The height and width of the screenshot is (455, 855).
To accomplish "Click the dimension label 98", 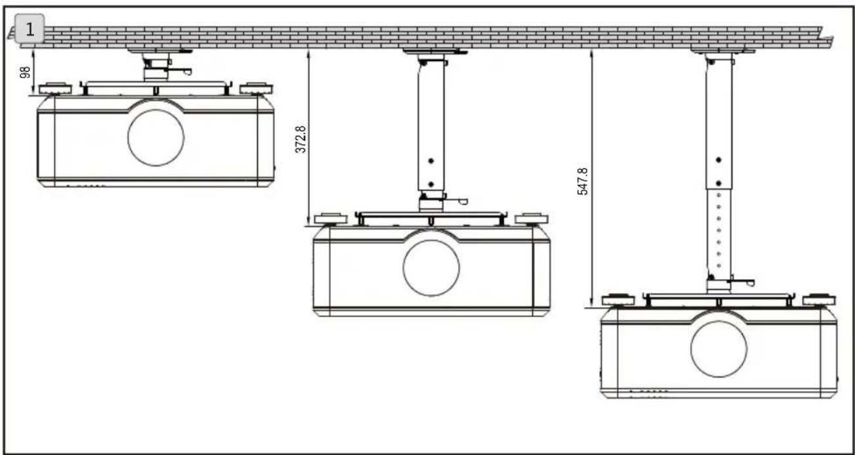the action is (25, 72).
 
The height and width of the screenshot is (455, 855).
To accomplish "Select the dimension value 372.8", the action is (301, 139).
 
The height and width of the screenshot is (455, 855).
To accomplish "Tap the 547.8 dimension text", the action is (583, 181).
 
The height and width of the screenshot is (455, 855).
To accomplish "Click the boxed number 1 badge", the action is (30, 29).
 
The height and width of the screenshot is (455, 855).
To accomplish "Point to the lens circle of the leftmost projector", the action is (156, 137).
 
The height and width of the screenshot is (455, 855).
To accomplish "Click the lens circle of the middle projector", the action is (431, 268).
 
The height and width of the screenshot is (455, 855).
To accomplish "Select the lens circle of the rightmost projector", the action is (719, 349).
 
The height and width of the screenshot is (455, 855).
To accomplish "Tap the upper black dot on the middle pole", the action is (431, 161).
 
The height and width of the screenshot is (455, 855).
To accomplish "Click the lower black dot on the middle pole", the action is (431, 184).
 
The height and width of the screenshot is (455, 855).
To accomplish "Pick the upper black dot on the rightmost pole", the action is (719, 160).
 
